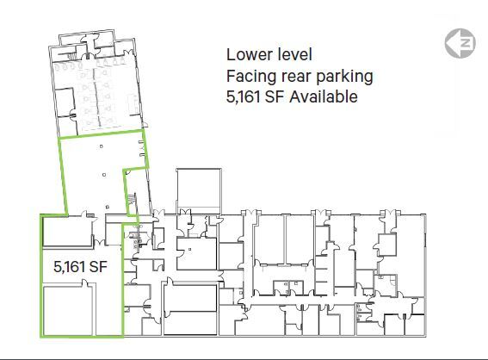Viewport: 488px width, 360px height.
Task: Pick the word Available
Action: [324, 96]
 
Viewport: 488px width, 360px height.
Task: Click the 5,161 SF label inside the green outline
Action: [80, 267]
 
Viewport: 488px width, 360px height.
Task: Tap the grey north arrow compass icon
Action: [460, 43]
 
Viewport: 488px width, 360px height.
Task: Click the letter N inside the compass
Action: [466, 43]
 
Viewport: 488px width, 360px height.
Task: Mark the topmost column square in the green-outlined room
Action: [102, 146]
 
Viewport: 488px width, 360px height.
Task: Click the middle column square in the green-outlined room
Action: [104, 175]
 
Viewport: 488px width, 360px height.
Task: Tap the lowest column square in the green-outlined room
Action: [108, 207]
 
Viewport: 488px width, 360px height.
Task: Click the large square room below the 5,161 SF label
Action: [68, 311]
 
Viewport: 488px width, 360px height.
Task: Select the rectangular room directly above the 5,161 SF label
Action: [68, 231]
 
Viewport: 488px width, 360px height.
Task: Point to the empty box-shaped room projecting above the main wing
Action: [199, 189]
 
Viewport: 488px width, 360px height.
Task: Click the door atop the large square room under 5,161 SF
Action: [85, 282]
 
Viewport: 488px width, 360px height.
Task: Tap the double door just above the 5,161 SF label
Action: [100, 242]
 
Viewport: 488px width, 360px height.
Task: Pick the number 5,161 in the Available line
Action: [243, 96]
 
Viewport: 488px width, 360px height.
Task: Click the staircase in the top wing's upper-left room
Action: [71, 56]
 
